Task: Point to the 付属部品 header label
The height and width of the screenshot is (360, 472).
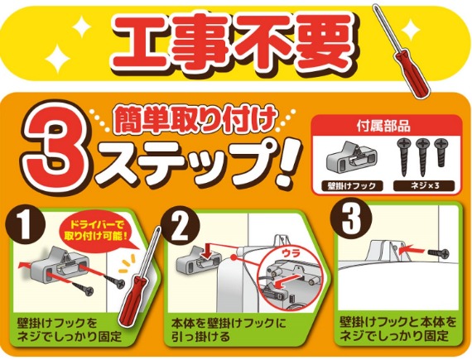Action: click(383, 127)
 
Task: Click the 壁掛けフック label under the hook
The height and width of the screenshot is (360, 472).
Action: click(352, 186)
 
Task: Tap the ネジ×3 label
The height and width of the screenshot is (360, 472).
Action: click(425, 186)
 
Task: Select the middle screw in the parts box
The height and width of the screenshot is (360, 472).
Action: click(422, 157)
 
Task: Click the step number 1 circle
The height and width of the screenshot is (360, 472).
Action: click(25, 224)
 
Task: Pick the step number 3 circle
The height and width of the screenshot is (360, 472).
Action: click(351, 220)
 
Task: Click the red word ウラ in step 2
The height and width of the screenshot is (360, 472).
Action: click(291, 253)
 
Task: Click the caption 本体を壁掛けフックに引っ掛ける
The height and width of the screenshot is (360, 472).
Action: click(229, 330)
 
